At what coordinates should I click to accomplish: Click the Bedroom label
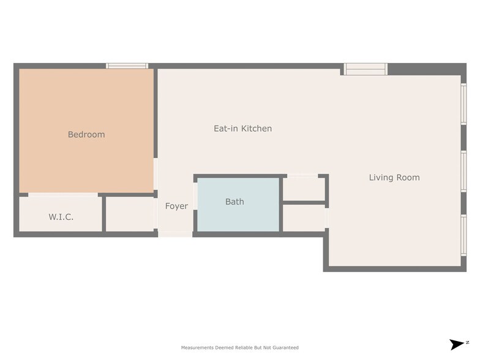click(x=86, y=135)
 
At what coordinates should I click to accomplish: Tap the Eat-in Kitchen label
click(x=242, y=129)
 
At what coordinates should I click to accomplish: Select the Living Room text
click(x=394, y=178)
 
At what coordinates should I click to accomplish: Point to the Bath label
click(x=235, y=201)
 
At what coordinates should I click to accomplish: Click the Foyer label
click(x=176, y=206)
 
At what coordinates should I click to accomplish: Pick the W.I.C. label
click(x=61, y=217)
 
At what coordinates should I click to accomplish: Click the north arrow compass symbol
click(x=459, y=344)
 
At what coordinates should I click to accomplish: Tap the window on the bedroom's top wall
click(x=127, y=66)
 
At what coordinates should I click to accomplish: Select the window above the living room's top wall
click(x=365, y=69)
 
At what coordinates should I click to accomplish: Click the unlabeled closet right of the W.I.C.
click(x=130, y=214)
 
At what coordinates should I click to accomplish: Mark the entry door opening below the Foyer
click(x=175, y=234)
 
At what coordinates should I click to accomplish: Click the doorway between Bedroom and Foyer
click(x=156, y=174)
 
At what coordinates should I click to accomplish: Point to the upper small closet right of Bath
click(x=304, y=189)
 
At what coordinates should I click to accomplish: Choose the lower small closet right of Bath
click(x=304, y=218)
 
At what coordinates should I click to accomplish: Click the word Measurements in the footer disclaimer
click(x=197, y=348)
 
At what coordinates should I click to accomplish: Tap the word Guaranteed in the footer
click(x=285, y=348)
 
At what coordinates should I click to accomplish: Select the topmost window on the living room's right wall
click(x=464, y=104)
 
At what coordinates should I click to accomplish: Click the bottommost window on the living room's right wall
click(x=464, y=235)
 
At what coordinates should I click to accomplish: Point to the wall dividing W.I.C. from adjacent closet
click(x=104, y=214)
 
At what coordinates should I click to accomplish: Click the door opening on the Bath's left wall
click(x=195, y=196)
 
